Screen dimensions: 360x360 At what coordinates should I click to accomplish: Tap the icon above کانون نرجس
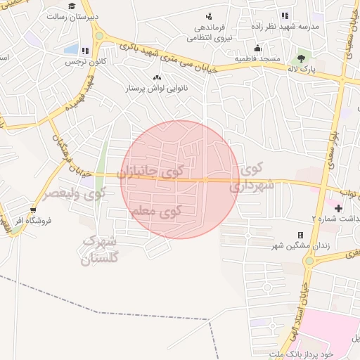coord(85,51)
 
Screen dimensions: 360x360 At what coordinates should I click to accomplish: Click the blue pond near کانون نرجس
coord(71,49)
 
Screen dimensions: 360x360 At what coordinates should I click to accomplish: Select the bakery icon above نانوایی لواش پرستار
coord(155,77)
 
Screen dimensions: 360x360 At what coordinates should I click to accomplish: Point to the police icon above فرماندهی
coord(209,16)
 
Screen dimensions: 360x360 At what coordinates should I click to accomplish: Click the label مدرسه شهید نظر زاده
coord(290,27)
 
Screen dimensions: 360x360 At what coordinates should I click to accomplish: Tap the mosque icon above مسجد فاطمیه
coord(258,49)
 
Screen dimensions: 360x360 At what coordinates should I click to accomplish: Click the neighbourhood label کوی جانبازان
coord(151,170)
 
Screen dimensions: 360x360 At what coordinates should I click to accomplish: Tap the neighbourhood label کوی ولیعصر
coord(76,192)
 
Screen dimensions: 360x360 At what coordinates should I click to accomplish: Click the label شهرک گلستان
coord(99,250)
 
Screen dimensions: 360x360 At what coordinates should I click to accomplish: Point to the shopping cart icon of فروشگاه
coord(33,210)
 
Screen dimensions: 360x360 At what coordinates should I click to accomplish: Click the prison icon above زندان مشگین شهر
coord(300,235)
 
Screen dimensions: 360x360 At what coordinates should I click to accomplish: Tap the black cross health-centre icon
coord(339,208)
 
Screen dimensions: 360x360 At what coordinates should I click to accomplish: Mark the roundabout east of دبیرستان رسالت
coord(98,35)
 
